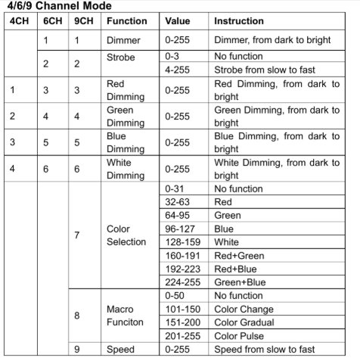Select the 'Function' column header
(126, 21)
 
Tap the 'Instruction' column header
(239, 21)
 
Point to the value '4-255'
(176, 70)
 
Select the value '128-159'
(182, 242)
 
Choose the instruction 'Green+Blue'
(241, 282)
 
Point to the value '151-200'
(182, 322)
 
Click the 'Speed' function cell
(120, 350)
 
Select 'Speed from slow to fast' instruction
(265, 350)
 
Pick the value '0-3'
(172, 57)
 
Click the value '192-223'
(182, 269)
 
